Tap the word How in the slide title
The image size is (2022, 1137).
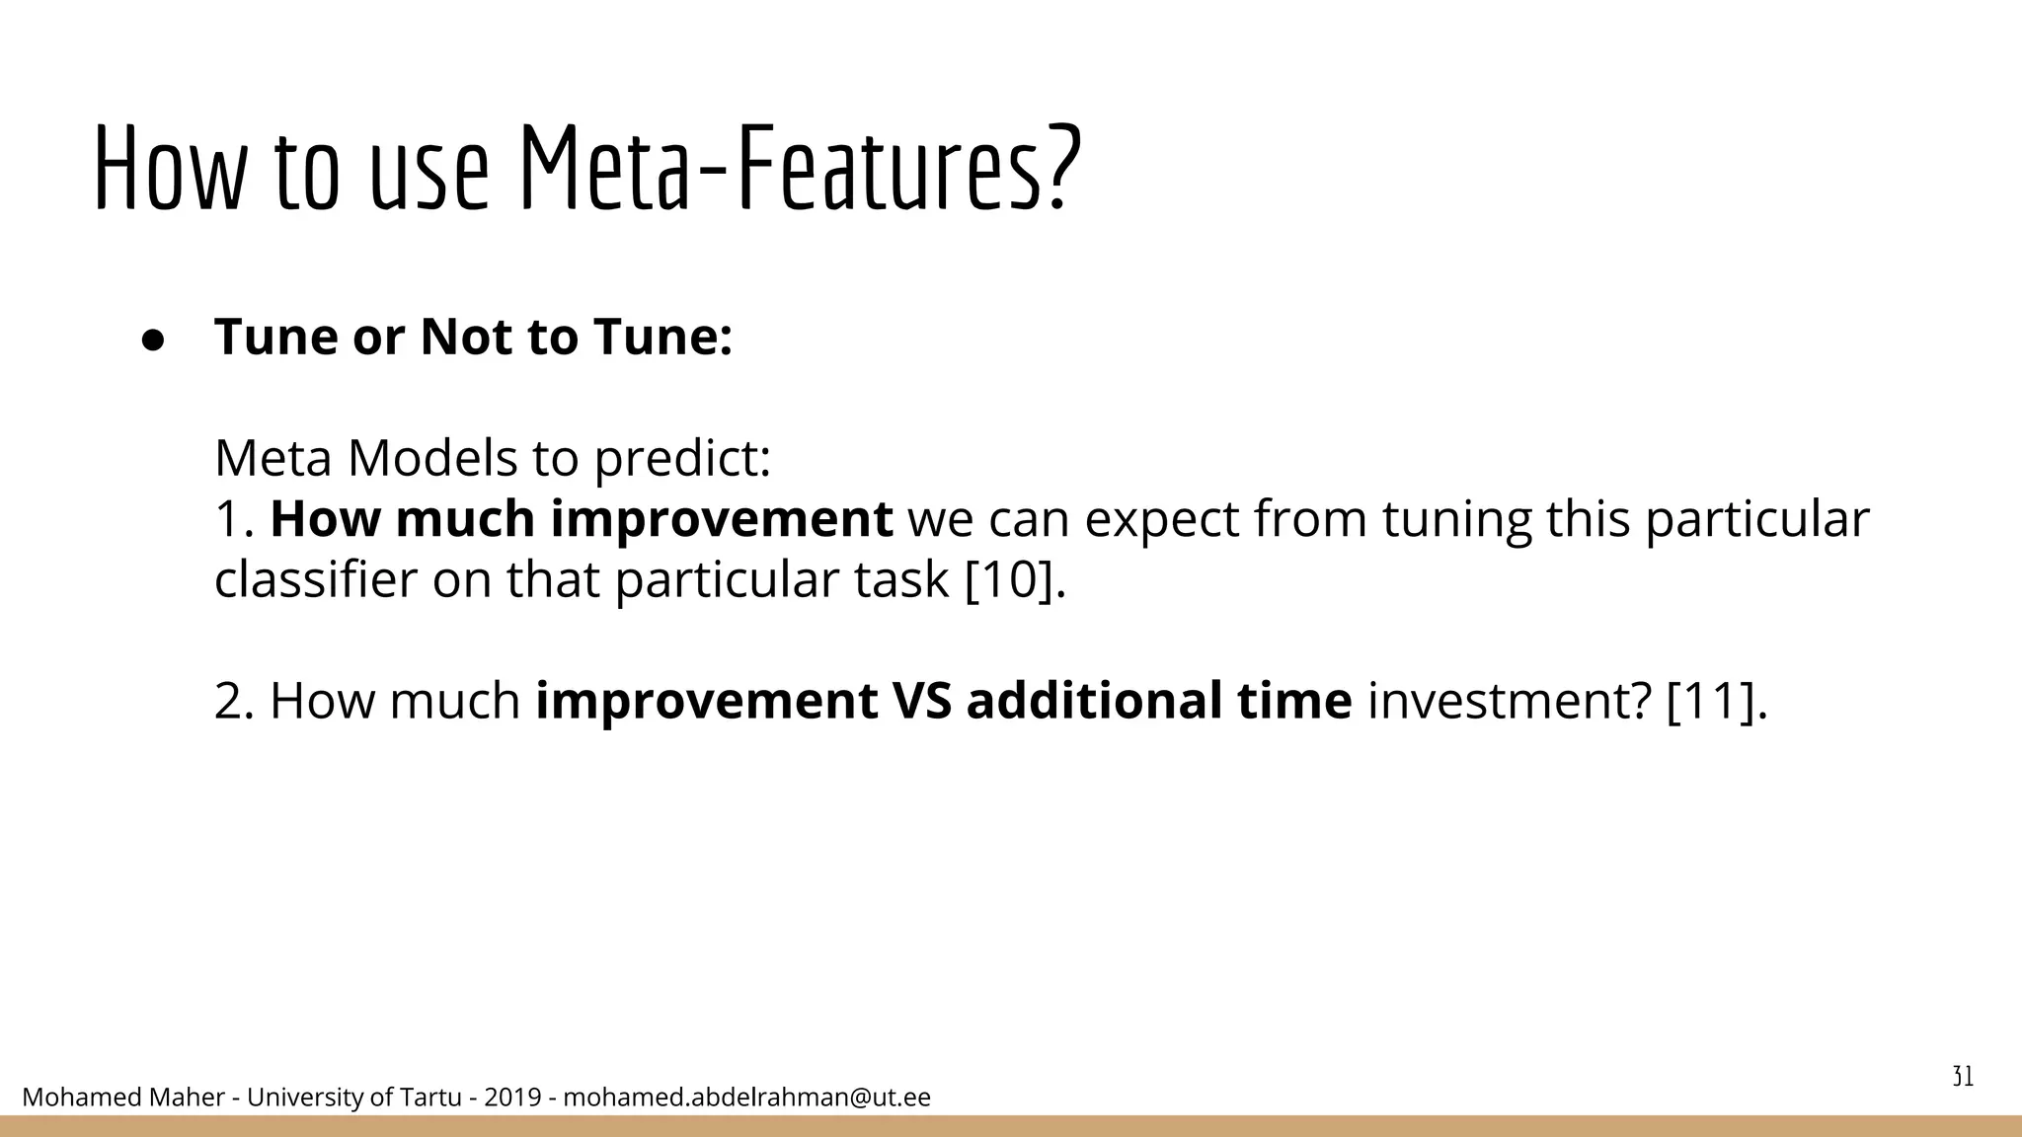pyautogui.click(x=167, y=168)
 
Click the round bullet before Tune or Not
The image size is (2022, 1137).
pyautogui.click(x=153, y=340)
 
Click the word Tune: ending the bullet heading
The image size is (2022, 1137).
pyautogui.click(x=662, y=337)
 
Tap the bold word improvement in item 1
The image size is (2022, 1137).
pyautogui.click(x=721, y=519)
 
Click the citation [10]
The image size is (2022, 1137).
pyautogui.click(x=1014, y=579)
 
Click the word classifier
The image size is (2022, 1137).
pyautogui.click(x=315, y=579)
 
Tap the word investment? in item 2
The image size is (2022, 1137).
pyautogui.click(x=1509, y=702)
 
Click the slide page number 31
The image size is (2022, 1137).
pyautogui.click(x=1963, y=1077)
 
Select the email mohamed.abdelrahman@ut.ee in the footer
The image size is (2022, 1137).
pyautogui.click(x=746, y=1098)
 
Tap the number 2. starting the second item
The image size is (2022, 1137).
pyautogui.click(x=235, y=701)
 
